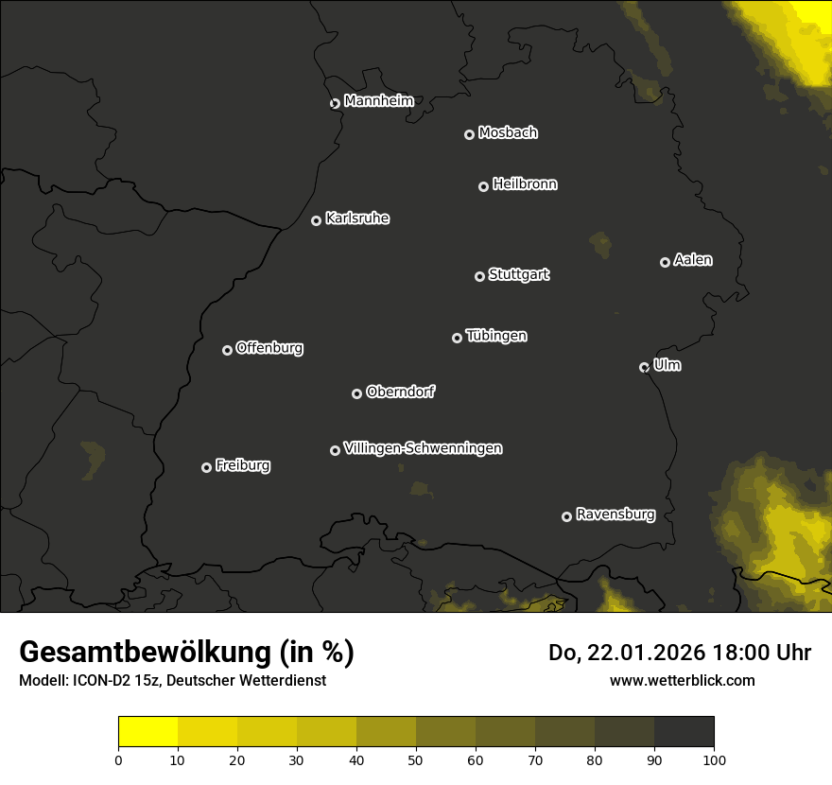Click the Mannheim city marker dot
point(335,104)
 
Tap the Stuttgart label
point(518,275)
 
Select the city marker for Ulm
point(644,367)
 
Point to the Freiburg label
point(242,465)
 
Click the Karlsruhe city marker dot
point(316,220)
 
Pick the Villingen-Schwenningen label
point(423,448)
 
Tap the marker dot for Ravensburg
point(566,516)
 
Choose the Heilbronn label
point(525,184)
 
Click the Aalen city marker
point(665,262)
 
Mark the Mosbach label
point(508,133)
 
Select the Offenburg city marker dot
point(227,350)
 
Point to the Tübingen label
point(496,336)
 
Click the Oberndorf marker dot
point(356,393)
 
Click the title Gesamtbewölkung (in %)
point(186,652)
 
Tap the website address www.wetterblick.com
point(682,680)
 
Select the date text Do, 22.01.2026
point(625,653)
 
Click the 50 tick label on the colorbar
point(416,759)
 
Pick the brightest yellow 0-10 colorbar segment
point(147,732)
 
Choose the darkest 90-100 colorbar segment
point(684,732)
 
